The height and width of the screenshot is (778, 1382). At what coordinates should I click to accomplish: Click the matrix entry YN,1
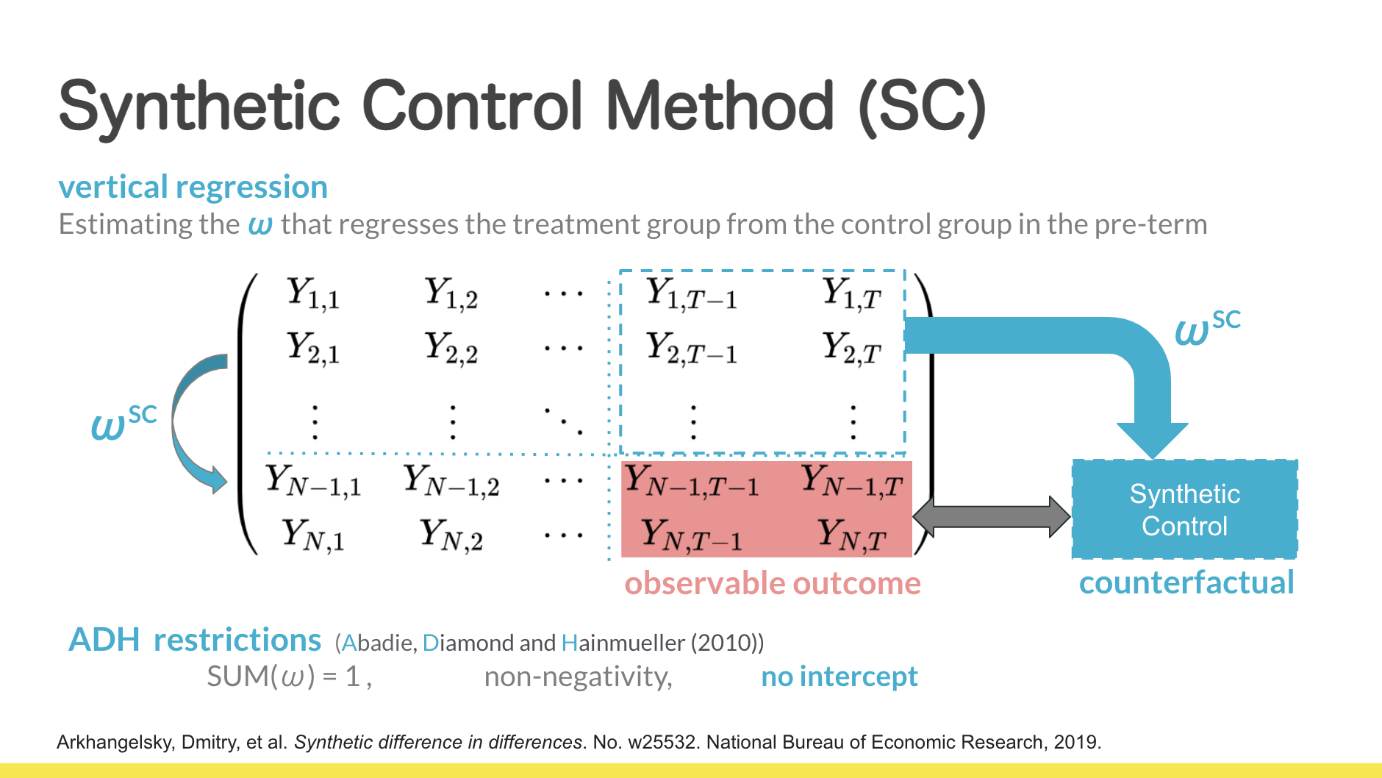[x=312, y=535]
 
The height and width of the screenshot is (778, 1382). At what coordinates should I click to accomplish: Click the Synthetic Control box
[x=1184, y=510]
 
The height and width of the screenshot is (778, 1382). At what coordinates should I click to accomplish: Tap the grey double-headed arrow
[x=991, y=516]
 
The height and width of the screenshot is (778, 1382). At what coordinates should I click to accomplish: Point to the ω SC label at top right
[x=1207, y=327]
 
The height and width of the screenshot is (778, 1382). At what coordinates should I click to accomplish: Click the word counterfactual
[x=1186, y=582]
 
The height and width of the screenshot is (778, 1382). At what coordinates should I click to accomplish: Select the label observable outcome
[x=772, y=583]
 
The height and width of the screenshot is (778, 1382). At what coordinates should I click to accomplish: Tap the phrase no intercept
[x=839, y=677]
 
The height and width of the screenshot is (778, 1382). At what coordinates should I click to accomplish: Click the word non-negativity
[x=578, y=677]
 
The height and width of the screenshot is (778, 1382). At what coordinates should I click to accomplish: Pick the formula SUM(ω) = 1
[x=289, y=677]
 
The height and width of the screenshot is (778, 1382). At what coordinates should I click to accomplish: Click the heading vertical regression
[x=193, y=187]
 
